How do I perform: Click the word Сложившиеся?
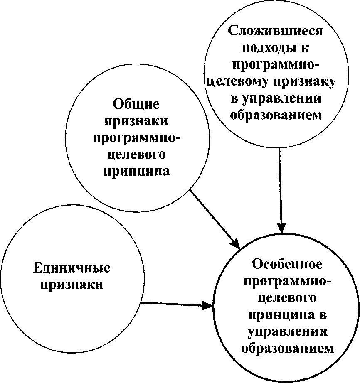276,32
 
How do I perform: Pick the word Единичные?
72,268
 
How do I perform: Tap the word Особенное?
287,264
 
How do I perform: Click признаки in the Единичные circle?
72,285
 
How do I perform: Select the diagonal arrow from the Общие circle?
212,216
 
